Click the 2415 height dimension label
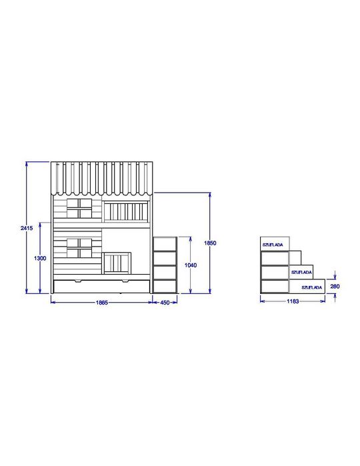click(x=27, y=228)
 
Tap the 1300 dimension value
click(x=40, y=258)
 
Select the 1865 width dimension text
click(x=102, y=303)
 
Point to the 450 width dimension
click(x=165, y=303)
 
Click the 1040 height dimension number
click(x=191, y=265)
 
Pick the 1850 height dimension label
click(x=210, y=243)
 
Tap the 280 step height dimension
click(x=335, y=287)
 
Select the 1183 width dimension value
click(x=293, y=301)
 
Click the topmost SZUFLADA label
click(x=273, y=245)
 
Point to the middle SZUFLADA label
click(x=301, y=272)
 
